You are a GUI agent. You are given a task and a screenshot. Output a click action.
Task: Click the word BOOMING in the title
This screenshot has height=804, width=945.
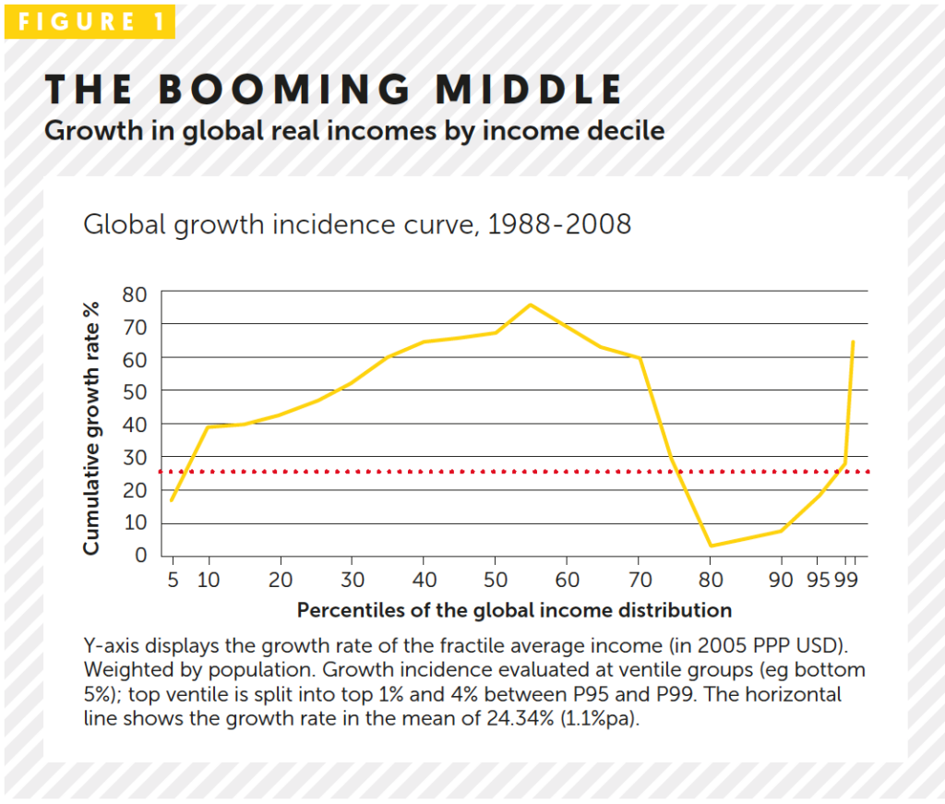click(284, 90)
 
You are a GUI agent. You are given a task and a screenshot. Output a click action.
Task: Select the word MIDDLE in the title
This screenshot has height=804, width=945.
click(529, 90)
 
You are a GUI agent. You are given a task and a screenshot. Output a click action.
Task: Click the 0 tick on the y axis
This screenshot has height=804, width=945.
click(141, 556)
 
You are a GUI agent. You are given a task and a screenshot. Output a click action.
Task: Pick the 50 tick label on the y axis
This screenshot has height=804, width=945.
click(135, 391)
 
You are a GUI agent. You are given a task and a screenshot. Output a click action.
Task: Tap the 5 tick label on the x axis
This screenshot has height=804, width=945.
click(173, 580)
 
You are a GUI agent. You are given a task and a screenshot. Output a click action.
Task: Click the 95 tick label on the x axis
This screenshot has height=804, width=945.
click(819, 580)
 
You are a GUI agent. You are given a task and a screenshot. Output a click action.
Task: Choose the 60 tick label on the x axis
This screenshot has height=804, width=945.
click(567, 580)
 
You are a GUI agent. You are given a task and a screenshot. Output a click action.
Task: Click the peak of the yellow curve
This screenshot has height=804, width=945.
click(531, 305)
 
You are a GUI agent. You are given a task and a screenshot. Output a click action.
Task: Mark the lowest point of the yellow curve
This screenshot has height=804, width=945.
click(711, 546)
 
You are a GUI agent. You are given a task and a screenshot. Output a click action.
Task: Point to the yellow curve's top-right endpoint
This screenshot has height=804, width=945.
click(853, 342)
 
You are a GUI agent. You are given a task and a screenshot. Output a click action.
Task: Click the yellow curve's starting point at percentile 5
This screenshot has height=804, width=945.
click(173, 500)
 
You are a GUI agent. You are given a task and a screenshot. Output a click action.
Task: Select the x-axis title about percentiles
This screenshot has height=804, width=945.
click(514, 610)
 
